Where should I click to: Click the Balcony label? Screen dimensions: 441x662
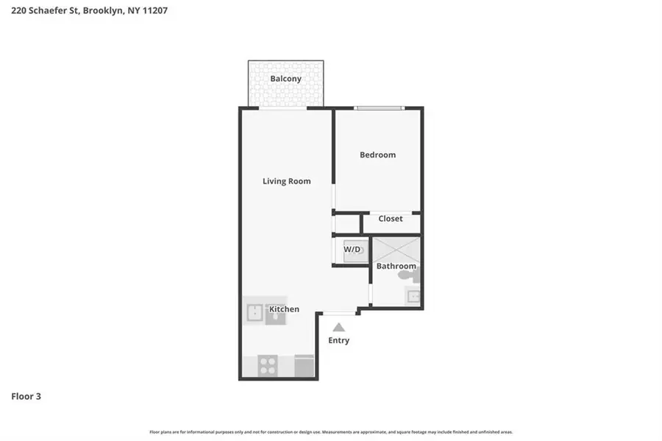coord(285,79)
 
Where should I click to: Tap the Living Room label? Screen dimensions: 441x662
coord(286,181)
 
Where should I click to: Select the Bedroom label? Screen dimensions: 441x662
coord(377,155)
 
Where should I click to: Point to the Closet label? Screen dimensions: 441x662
coord(391,219)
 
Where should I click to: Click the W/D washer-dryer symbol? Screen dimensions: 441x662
coord(352,251)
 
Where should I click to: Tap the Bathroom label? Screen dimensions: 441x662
coord(396,266)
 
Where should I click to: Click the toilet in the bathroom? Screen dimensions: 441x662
coord(408,276)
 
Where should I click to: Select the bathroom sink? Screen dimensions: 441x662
coord(413,297)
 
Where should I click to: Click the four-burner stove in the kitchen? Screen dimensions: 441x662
coord(267,365)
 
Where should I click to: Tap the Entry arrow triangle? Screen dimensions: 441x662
coord(338,327)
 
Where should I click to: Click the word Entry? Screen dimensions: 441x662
coord(338,340)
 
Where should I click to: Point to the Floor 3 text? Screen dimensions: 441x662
coord(26,396)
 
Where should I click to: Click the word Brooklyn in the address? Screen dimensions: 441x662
coord(104,11)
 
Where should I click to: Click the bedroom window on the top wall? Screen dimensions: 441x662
coord(379,108)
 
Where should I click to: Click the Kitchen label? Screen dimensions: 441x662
coord(284,309)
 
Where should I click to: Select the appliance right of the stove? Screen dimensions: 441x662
coord(304,365)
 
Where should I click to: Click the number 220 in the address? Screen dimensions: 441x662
coord(19,11)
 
